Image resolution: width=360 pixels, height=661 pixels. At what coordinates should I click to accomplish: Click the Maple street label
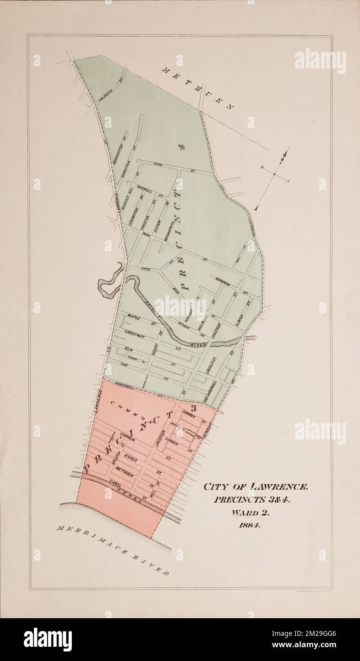132,316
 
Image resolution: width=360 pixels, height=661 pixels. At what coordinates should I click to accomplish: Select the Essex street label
130,457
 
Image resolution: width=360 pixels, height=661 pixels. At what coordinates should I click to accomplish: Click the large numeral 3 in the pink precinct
193,408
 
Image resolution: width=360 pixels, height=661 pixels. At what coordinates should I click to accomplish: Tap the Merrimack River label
113,550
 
